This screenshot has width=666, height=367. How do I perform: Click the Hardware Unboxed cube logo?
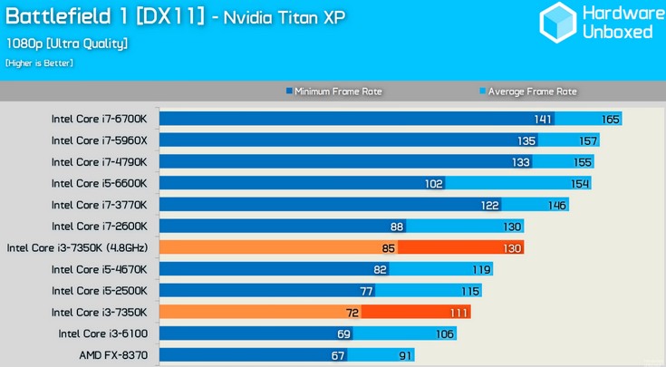pyautogui.click(x=557, y=22)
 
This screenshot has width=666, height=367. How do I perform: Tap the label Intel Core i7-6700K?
pyautogui.click(x=99, y=119)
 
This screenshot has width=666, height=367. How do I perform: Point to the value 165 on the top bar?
pyautogui.click(x=610, y=120)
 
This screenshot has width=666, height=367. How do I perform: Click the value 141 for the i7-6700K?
pyautogui.click(x=543, y=120)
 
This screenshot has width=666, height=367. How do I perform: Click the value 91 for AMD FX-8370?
pyautogui.click(x=404, y=355)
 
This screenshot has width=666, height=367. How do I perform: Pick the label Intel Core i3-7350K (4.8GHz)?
pyautogui.click(x=77, y=247)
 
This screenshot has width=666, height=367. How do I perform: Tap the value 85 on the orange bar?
pyautogui.click(x=387, y=248)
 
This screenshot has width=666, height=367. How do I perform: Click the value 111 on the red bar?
pyautogui.click(x=458, y=313)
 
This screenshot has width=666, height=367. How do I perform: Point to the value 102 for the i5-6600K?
pyautogui.click(x=433, y=184)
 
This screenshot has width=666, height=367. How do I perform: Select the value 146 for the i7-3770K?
pyautogui.click(x=557, y=206)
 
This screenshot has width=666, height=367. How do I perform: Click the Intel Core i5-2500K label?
pyautogui.click(x=99, y=291)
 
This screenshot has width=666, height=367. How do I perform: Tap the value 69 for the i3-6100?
pyautogui.click(x=343, y=334)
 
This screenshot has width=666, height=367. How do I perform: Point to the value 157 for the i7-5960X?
pyautogui.click(x=589, y=141)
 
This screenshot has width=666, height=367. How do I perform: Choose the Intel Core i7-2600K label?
pyautogui.click(x=99, y=227)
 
